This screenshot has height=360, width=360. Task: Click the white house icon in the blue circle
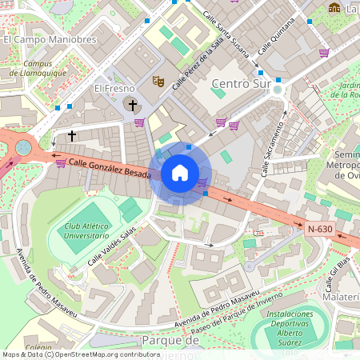coord(180,173)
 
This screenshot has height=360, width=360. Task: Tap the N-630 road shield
coord(320,228)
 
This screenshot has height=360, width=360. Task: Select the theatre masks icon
coord(158,81)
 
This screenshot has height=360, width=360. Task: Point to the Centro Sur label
coord(238,83)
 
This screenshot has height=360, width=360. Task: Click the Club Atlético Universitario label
coord(87,231)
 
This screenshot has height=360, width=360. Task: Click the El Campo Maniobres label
coord(50,38)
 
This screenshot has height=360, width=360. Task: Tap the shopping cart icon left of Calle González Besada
coord(61,163)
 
